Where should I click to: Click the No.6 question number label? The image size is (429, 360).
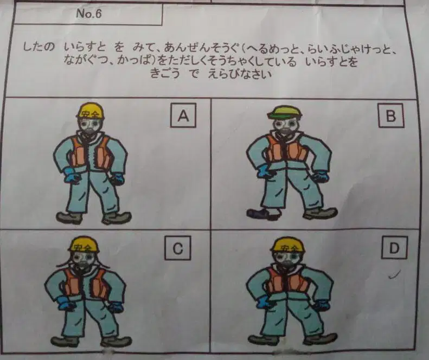(x=88, y=14)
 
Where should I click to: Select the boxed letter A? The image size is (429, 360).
(x=183, y=115)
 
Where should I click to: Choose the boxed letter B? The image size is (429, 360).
(x=391, y=115)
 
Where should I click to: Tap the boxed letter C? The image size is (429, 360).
(x=178, y=248)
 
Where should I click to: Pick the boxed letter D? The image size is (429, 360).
(x=394, y=248)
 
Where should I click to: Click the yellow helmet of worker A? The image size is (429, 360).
(x=91, y=111)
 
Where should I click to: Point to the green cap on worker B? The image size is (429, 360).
(x=285, y=112)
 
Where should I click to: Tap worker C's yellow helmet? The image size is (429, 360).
(x=84, y=245)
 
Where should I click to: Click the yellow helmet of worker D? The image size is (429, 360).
(x=288, y=245)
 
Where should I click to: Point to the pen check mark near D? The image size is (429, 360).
(x=394, y=274)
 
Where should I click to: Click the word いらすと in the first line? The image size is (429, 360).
(x=85, y=47)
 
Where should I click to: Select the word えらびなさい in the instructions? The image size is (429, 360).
(x=240, y=74)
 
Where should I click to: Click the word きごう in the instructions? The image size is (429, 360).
(x=165, y=74)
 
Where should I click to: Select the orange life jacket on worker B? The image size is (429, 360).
(x=287, y=149)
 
